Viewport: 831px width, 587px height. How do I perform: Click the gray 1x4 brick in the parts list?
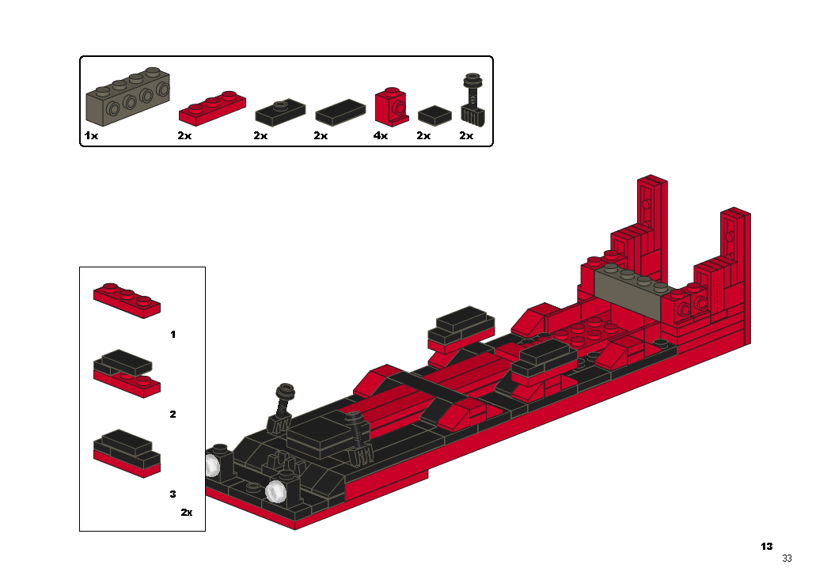coord(127,97)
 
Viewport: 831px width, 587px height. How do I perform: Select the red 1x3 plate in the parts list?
coord(212,108)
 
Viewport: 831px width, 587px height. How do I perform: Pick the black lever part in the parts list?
coord(472,100)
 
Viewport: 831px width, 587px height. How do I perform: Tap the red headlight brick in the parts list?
coord(392,107)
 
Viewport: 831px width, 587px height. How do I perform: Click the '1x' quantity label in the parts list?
coord(91,135)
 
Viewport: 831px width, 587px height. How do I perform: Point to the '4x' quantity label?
coord(381,135)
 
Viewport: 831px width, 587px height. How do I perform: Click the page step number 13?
coord(766,546)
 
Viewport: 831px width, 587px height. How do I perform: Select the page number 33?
coord(787,559)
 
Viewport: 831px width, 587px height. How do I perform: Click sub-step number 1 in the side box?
coord(173,335)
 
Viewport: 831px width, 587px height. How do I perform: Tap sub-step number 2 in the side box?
coord(173,415)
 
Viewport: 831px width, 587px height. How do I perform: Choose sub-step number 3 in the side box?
coord(173,494)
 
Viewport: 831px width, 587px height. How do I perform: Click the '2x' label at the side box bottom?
coord(187,513)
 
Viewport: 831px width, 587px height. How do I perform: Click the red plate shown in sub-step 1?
coord(127,301)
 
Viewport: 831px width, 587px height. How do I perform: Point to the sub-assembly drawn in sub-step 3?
coord(127,453)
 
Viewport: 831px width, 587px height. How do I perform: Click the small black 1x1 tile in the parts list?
coord(434,116)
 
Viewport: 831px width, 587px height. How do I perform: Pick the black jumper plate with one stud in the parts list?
coord(280,112)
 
